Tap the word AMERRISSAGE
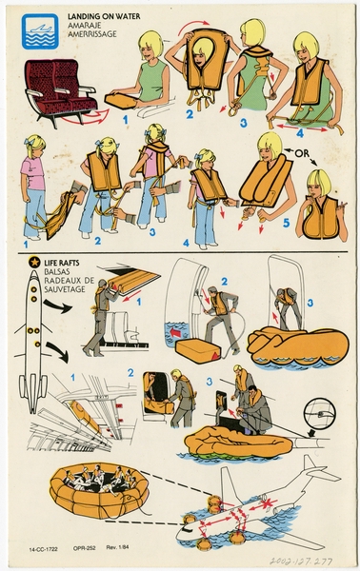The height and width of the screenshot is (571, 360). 96,38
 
